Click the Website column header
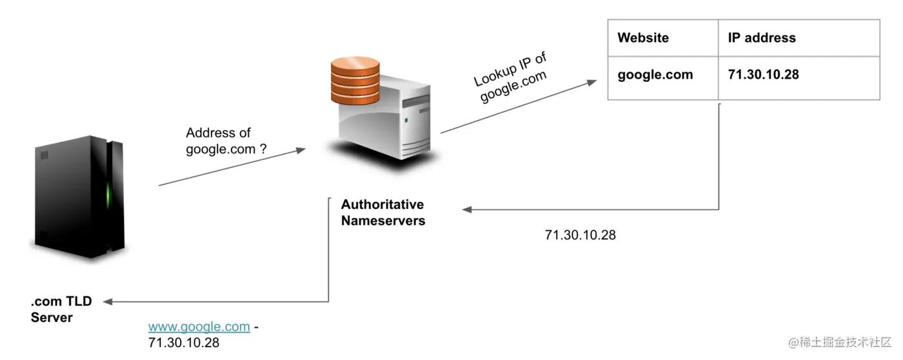[x=643, y=37]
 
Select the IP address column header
[x=762, y=37]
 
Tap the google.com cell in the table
[x=655, y=74]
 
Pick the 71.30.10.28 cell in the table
[x=763, y=74]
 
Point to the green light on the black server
[x=109, y=192]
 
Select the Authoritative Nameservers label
[x=382, y=212]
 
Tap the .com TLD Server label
[x=61, y=309]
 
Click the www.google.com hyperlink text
[x=199, y=326]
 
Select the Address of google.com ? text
[x=226, y=141]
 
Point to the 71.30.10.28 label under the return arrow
[x=580, y=235]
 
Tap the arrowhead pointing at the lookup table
[x=591, y=83]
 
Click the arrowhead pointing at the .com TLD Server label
[x=108, y=301]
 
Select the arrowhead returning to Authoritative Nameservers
[x=467, y=209]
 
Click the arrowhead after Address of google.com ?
[x=300, y=150]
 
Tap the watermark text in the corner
[x=837, y=341]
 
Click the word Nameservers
[x=383, y=221]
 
